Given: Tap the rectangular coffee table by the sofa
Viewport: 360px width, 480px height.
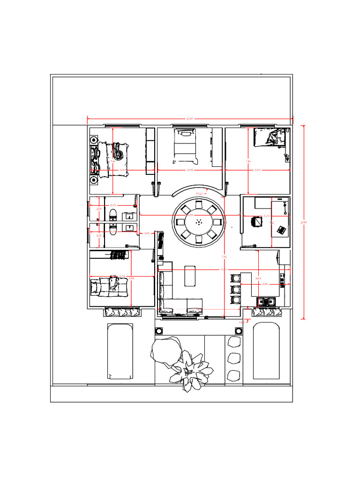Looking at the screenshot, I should [x=190, y=276].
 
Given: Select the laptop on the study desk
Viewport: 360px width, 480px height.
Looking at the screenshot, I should [x=281, y=230].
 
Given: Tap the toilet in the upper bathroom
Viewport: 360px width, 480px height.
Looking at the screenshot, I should [x=112, y=215].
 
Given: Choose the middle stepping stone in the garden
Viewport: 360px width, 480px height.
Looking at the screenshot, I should [x=233, y=359].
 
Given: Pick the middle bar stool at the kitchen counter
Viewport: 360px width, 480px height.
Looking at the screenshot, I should [x=236, y=289].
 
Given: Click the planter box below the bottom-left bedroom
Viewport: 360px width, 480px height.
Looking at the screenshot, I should [x=121, y=311].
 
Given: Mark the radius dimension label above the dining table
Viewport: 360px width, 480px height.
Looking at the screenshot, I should [x=199, y=193].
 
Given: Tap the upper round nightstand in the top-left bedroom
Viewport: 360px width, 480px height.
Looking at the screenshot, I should [x=94, y=140].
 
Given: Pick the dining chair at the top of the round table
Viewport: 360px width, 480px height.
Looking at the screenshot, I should [x=199, y=204].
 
